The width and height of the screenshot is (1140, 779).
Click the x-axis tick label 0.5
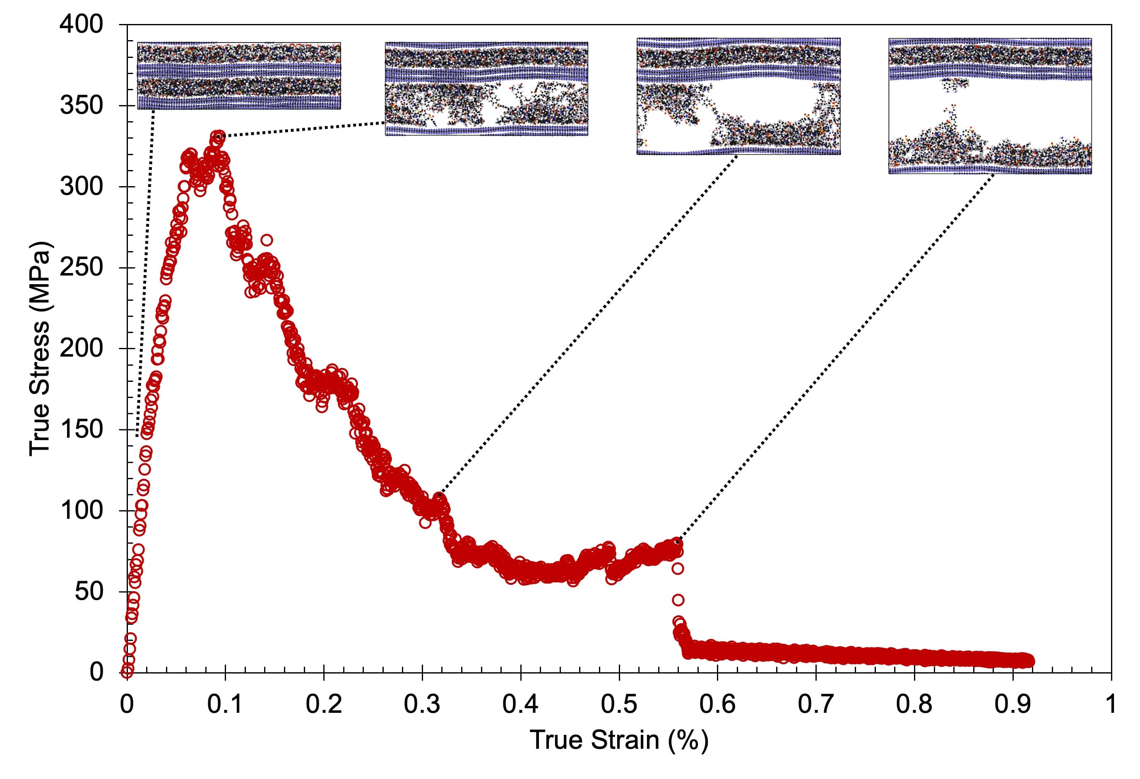619,704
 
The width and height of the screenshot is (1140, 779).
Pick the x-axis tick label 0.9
1013,704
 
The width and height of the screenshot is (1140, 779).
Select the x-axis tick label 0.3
422,704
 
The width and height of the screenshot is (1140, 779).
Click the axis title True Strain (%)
619,740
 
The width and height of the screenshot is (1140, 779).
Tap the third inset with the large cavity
738,96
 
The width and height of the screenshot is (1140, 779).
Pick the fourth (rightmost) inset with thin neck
990,106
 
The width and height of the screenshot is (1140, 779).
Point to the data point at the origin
127,671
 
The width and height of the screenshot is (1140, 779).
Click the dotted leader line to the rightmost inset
834,358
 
